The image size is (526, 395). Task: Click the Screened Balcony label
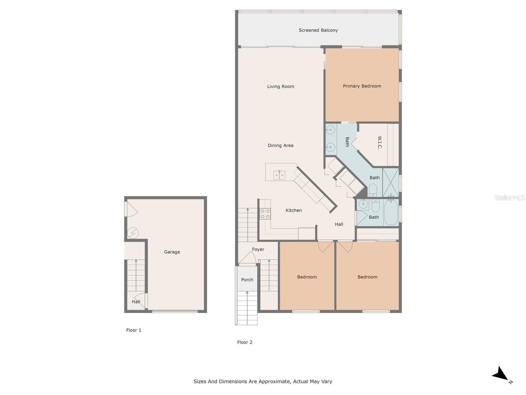point(318,30)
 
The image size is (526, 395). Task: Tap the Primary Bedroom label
point(362,86)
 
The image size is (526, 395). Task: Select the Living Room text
point(280,87)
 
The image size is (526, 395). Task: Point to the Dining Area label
point(280,145)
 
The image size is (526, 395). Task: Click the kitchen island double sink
point(279,175)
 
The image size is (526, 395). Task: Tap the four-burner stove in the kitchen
point(265,214)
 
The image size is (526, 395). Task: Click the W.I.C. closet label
point(379,143)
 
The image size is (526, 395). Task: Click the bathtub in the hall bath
point(391,212)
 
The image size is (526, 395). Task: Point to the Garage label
point(172,252)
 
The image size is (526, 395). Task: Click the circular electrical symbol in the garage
point(133,233)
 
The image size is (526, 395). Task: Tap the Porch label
point(247,280)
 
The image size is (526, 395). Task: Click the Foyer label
point(258,250)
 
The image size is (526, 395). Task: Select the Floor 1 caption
point(133,330)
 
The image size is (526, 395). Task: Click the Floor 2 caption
point(245,342)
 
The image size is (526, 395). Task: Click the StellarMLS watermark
point(509,197)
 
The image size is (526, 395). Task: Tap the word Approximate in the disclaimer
point(274,382)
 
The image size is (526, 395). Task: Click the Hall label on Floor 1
point(136,302)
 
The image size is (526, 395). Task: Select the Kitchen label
point(294,210)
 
